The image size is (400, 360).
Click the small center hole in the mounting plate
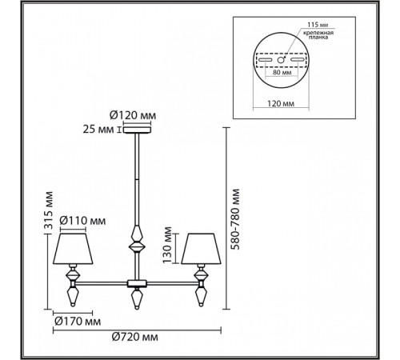(x=282, y=61)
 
